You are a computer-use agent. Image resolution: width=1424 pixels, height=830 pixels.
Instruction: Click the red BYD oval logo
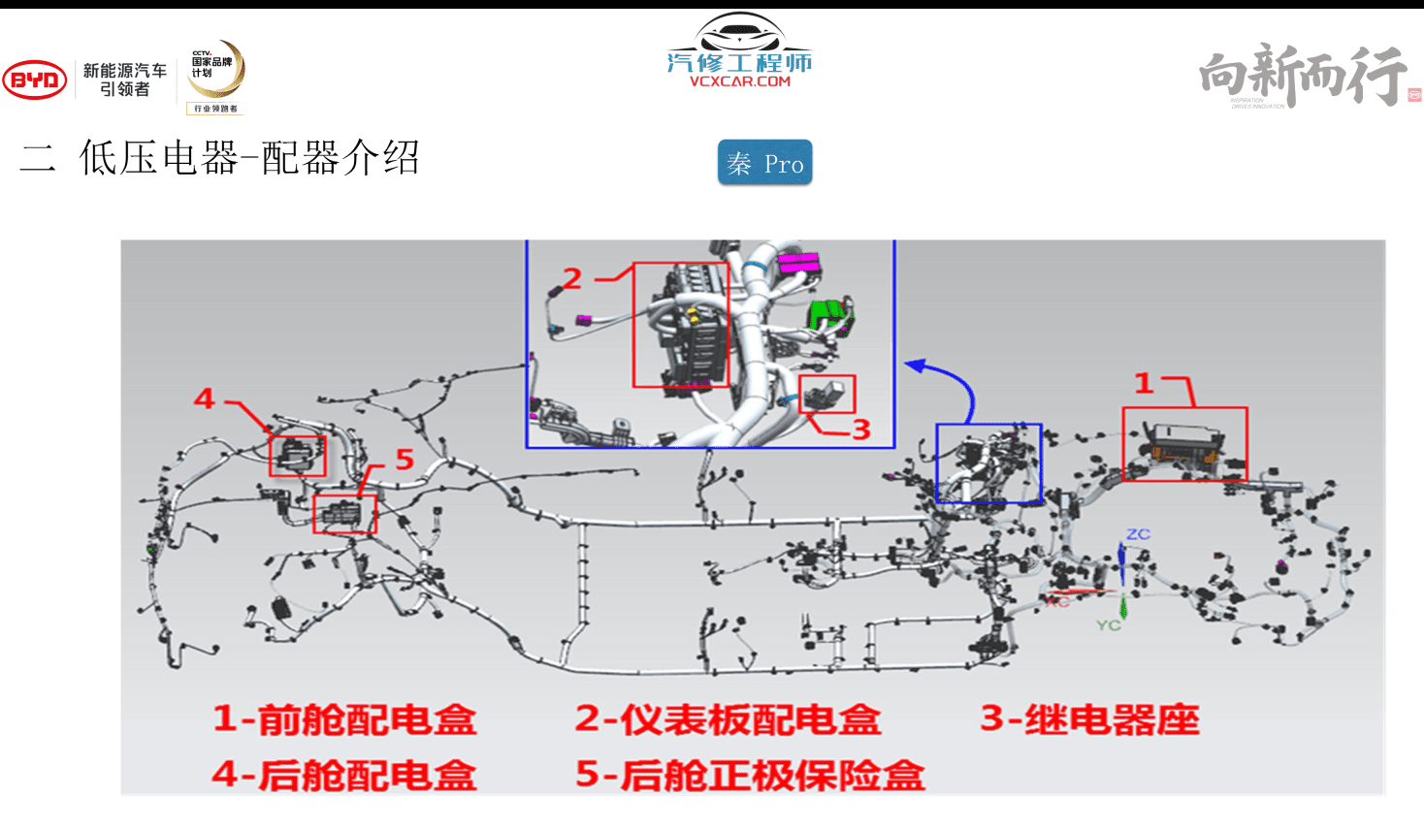[35, 80]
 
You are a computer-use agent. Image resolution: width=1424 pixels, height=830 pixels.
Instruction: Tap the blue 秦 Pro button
[764, 163]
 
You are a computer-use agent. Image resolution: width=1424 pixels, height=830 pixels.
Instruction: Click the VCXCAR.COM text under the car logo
[740, 82]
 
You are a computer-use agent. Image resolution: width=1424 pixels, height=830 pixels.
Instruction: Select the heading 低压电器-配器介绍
[249, 158]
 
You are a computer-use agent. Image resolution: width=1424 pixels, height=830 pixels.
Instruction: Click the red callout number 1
[1145, 384]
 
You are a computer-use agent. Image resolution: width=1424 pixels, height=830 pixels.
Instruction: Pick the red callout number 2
[572, 279]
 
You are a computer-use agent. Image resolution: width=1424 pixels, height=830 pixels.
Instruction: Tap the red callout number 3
[861, 430]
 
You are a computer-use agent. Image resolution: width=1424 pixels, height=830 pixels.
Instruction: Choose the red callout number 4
[204, 399]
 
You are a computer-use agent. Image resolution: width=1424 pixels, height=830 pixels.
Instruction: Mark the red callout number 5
[405, 460]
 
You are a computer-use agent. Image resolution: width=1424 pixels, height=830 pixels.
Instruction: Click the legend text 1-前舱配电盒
[344, 719]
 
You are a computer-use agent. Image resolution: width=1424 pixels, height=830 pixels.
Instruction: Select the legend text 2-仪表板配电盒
[728, 719]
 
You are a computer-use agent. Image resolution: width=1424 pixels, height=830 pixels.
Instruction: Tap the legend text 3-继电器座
[1089, 719]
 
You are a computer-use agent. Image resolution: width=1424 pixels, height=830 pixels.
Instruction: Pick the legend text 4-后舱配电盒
[344, 775]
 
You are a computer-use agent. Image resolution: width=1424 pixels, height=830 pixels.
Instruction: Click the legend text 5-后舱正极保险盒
[750, 775]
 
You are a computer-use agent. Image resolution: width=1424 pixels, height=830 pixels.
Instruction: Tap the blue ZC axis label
[1138, 534]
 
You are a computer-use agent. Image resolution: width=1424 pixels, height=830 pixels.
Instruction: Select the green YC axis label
[1108, 625]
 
